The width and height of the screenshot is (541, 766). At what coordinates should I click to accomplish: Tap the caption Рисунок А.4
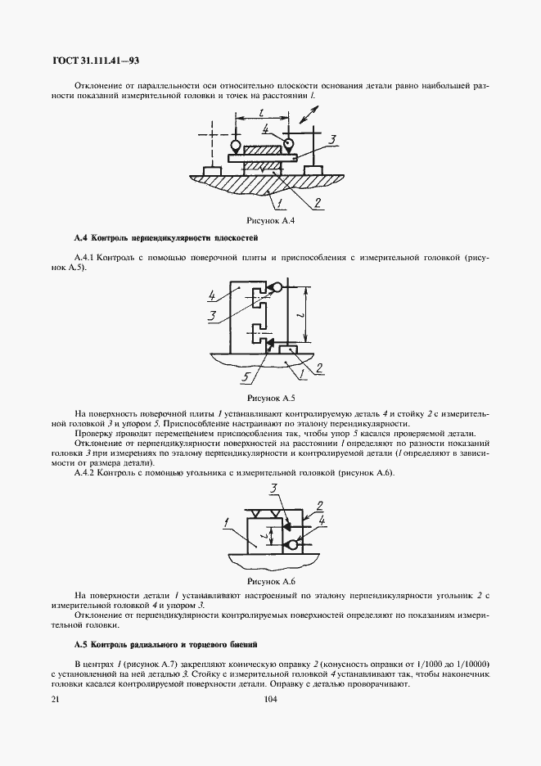coord(269,221)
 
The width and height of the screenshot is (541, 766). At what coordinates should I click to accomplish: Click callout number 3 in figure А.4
coord(331,141)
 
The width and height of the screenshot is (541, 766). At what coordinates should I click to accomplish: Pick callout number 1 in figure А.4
coord(278,202)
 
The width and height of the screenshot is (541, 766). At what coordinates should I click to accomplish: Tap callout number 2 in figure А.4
coord(316,202)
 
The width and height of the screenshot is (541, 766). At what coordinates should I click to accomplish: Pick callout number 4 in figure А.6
coord(322,520)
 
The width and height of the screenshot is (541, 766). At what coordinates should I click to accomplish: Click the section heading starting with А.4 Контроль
coord(165,238)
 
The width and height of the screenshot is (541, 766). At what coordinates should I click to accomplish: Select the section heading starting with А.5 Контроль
coord(165,644)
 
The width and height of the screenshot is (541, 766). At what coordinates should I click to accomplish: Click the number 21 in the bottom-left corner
coord(56,699)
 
